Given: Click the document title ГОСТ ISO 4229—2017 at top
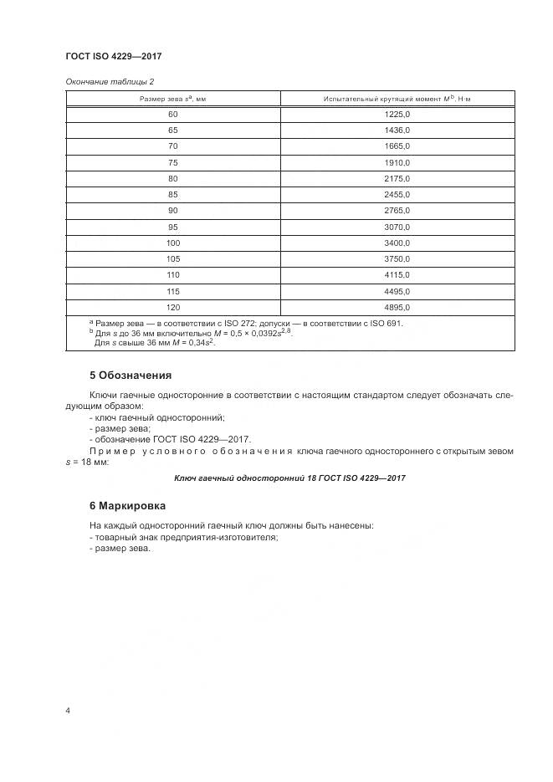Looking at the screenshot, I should [113, 56].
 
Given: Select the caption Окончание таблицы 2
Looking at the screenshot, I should [110, 81].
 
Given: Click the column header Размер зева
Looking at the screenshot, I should [173, 99].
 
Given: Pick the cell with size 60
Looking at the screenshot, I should [173, 115].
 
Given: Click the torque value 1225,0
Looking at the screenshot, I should [397, 115].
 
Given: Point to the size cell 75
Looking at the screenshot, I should [173, 163].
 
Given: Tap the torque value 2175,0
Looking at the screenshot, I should [397, 179].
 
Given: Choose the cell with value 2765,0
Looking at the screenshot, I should [397, 211].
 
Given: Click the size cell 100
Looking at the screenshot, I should [173, 243].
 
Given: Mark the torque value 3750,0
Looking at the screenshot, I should [397, 259].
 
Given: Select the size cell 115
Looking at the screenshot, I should [173, 291].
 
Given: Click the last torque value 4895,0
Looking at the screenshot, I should [397, 307].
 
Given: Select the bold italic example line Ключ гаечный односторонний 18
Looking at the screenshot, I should [289, 478].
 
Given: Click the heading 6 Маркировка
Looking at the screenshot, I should [127, 506].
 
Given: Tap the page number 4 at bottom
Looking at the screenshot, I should [68, 711].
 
